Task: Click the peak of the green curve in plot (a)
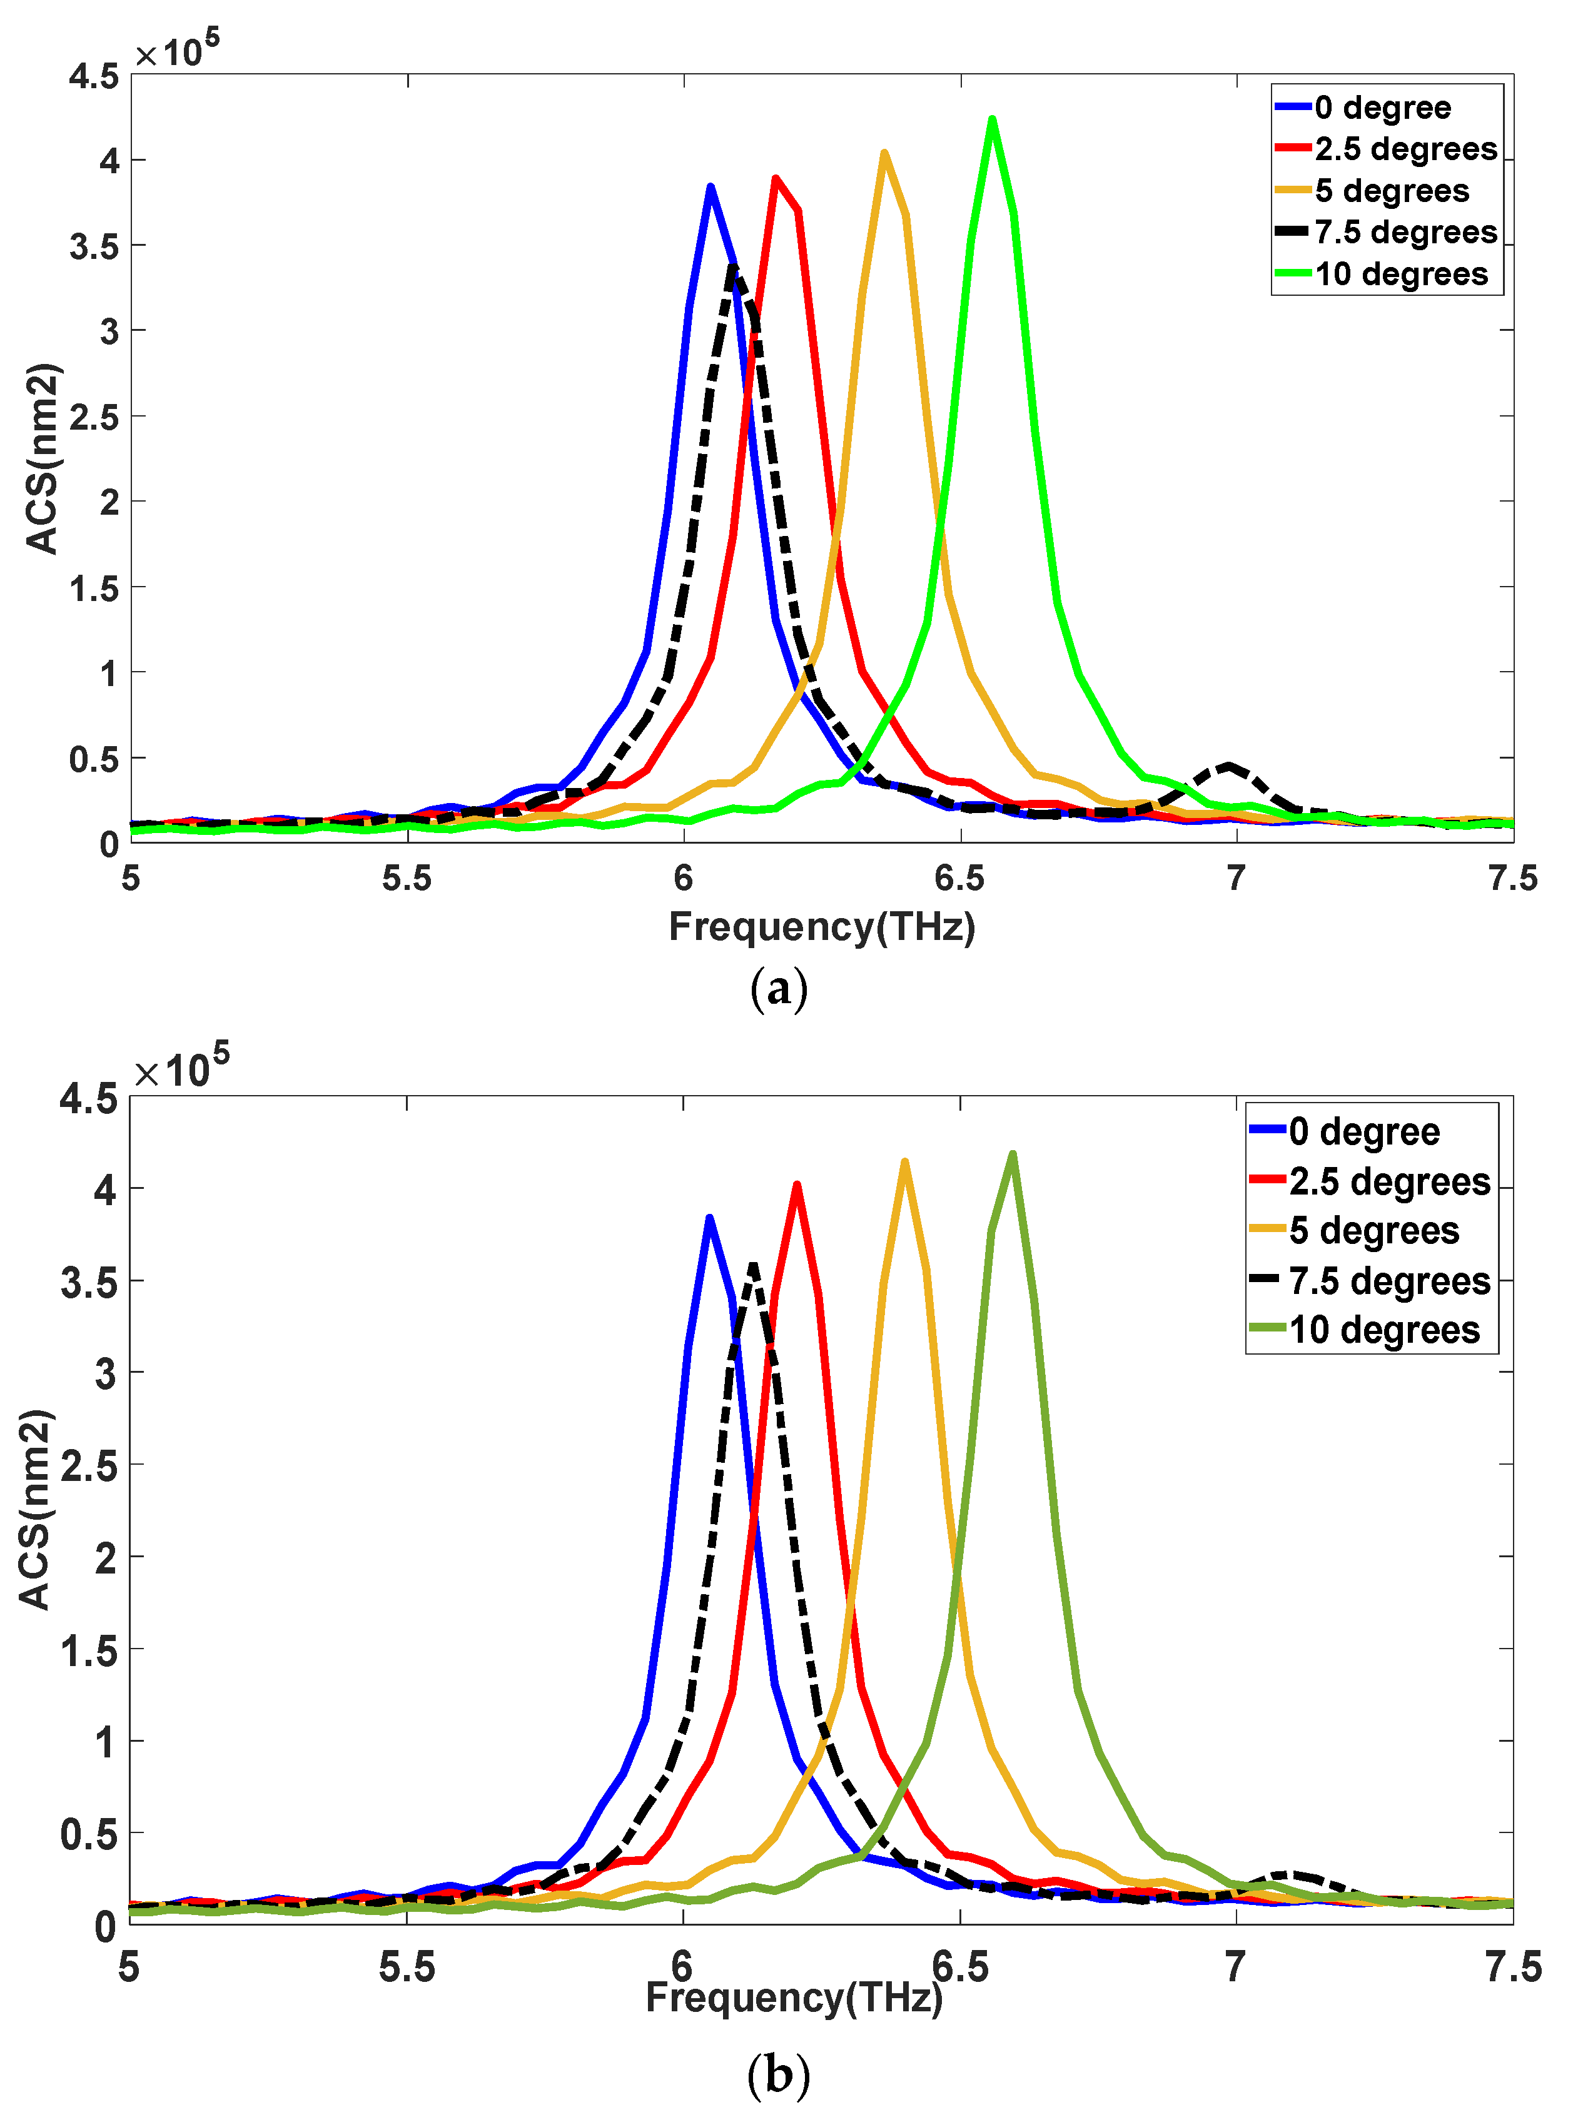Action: (992, 121)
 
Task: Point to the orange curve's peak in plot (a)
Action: (884, 153)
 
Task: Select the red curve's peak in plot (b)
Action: (797, 1185)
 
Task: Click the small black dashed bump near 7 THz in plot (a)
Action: (1229, 765)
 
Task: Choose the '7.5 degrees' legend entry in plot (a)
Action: (1405, 232)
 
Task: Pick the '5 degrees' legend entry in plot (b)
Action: (1373, 1231)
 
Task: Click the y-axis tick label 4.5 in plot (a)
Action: (93, 76)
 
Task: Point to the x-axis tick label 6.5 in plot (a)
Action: (960, 877)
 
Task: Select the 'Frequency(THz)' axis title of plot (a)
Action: (822, 926)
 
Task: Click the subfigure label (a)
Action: (779, 990)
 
